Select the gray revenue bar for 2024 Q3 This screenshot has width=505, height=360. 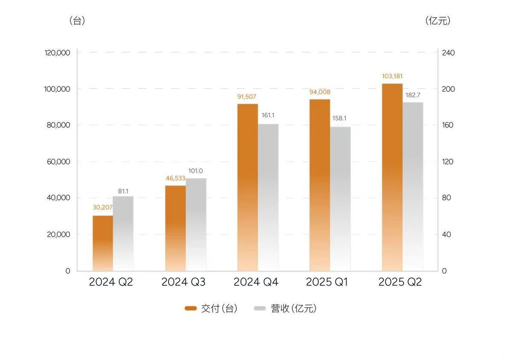pyautogui.click(x=196, y=224)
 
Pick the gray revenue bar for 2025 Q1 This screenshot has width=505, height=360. pyautogui.click(x=341, y=199)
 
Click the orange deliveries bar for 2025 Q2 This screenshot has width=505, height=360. pyautogui.click(x=392, y=177)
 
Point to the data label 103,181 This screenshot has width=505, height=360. pyautogui.click(x=392, y=77)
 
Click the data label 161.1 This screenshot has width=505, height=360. pyautogui.click(x=268, y=115)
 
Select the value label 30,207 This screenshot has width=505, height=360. pyautogui.click(x=103, y=208)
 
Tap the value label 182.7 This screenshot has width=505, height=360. pyautogui.click(x=413, y=95)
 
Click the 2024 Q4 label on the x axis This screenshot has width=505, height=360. pyautogui.click(x=256, y=283)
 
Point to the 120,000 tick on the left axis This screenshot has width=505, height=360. pyautogui.click(x=57, y=53)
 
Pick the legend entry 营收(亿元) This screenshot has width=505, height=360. pyautogui.click(x=286, y=309)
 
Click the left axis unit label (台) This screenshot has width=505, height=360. pyautogui.click(x=77, y=21)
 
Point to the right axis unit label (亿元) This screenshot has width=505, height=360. pyautogui.click(x=438, y=21)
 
